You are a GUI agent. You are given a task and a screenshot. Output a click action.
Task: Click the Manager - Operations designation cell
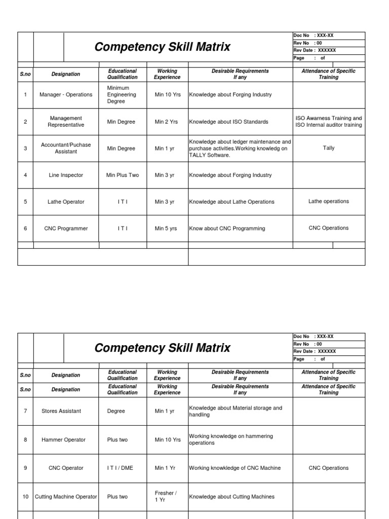pyautogui.click(x=66, y=95)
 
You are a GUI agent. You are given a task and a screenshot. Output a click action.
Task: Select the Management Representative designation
pyautogui.click(x=66, y=122)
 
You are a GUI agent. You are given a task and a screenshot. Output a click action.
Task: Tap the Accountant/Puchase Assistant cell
pyautogui.click(x=66, y=148)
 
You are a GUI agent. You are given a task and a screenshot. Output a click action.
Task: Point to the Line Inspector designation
pyautogui.click(x=66, y=175)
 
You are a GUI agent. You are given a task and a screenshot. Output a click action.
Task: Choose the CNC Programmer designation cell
pyautogui.click(x=66, y=229)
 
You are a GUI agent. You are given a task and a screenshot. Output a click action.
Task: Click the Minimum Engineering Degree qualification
pyautogui.click(x=122, y=95)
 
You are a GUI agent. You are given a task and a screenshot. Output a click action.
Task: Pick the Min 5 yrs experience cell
pyautogui.click(x=166, y=229)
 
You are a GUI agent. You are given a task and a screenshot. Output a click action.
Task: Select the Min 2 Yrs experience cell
pyautogui.click(x=166, y=122)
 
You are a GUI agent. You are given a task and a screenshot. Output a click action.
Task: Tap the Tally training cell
pyautogui.click(x=328, y=148)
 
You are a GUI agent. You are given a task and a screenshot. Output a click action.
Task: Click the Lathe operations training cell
pyautogui.click(x=328, y=201)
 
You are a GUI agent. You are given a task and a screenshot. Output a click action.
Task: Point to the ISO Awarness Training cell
pyautogui.click(x=328, y=122)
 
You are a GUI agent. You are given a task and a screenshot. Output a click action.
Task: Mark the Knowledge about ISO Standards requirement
pyautogui.click(x=229, y=122)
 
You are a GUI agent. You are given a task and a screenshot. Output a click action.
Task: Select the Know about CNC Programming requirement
pyautogui.click(x=227, y=229)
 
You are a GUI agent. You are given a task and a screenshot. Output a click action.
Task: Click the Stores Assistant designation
pyautogui.click(x=61, y=411)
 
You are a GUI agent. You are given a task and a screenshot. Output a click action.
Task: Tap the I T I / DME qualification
pyautogui.click(x=120, y=468)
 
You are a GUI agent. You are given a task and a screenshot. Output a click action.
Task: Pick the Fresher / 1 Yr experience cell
pyautogui.click(x=166, y=496)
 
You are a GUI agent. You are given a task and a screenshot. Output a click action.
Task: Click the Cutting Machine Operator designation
pyautogui.click(x=66, y=497)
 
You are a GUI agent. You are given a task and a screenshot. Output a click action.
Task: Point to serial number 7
pyautogui.click(x=25, y=411)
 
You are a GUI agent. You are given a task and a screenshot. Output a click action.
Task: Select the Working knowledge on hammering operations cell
pyautogui.click(x=231, y=439)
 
